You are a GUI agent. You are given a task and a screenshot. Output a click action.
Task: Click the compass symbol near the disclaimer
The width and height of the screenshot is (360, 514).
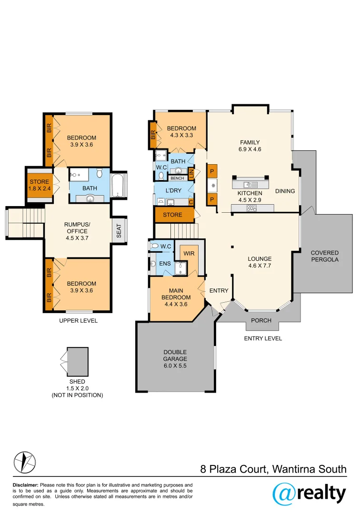pyautogui.click(x=24, y=461)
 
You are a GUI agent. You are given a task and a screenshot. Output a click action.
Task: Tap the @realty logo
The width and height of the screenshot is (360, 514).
pyautogui.click(x=309, y=493)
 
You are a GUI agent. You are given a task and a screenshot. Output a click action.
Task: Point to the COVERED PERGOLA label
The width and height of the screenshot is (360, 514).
pyautogui.click(x=324, y=256)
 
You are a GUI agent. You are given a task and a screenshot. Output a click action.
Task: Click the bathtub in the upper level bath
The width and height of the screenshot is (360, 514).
pyautogui.click(x=118, y=185)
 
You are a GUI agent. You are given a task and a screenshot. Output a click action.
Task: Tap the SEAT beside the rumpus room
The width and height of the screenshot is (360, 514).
pyautogui.click(x=119, y=231)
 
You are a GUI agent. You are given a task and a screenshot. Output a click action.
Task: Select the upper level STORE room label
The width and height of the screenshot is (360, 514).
pyautogui.click(x=39, y=182)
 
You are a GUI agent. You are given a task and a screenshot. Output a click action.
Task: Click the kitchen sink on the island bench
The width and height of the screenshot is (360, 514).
pyautogui.click(x=247, y=185)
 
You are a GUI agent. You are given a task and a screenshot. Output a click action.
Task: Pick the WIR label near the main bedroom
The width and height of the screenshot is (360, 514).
pyautogui.click(x=189, y=253)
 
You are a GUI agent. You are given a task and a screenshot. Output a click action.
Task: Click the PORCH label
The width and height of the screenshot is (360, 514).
pyautogui.click(x=261, y=320)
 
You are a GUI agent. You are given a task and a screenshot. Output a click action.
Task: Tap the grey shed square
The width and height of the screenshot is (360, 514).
pyautogui.click(x=78, y=361)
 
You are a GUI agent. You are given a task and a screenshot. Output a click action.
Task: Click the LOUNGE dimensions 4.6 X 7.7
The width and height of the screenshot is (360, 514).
pyautogui.click(x=259, y=266)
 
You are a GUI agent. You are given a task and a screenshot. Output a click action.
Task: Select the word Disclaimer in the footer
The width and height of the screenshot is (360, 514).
pyautogui.click(x=25, y=485)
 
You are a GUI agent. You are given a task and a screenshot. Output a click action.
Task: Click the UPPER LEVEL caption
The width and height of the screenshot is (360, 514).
pyautogui.click(x=78, y=321)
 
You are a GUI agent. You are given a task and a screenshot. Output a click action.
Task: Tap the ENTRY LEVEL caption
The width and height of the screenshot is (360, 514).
pyautogui.click(x=262, y=338)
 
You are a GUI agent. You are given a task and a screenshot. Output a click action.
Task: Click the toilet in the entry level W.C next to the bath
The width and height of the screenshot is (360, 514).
pyautogui.click(x=161, y=176)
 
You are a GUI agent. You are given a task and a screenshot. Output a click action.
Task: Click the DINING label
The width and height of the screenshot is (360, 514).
pyautogui.click(x=285, y=191)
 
